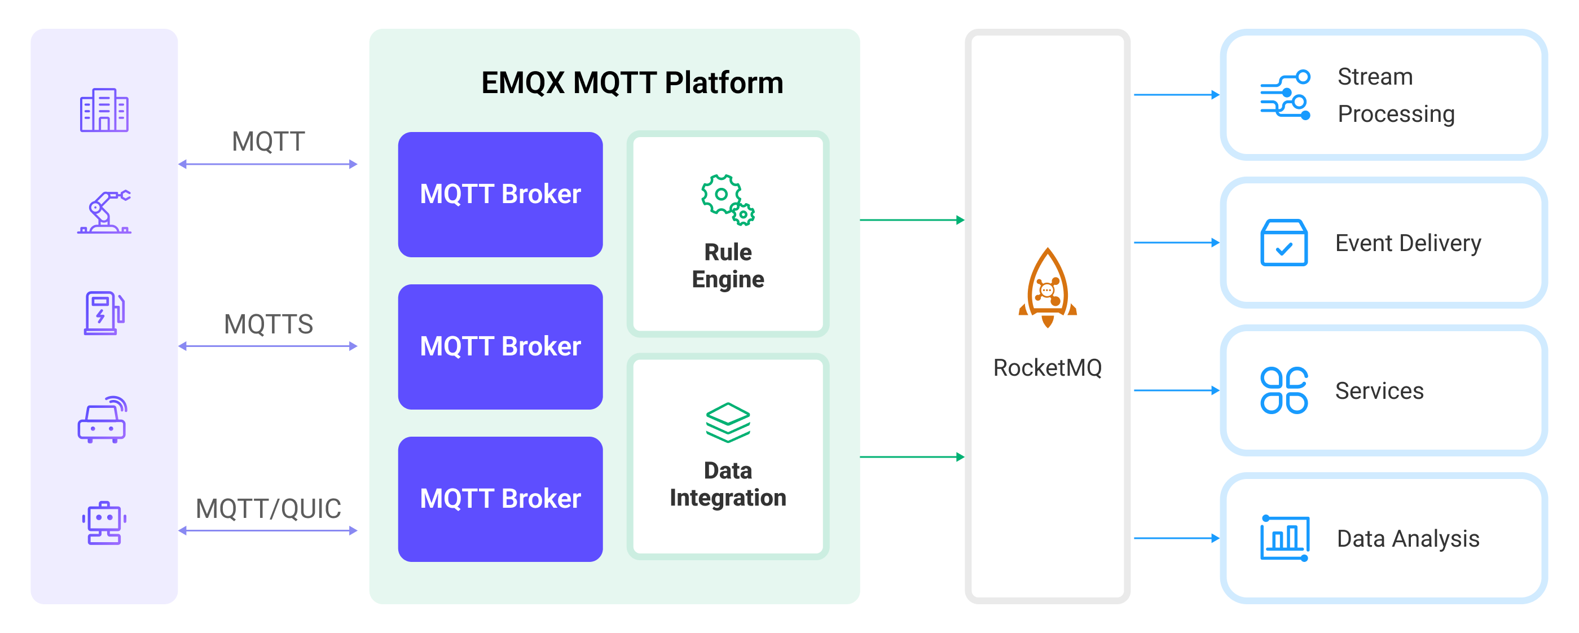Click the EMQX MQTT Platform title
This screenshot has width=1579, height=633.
[631, 83]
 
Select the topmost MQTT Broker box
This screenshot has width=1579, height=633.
[500, 194]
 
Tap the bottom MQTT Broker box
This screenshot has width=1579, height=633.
[500, 498]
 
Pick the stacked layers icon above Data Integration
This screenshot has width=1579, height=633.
[728, 422]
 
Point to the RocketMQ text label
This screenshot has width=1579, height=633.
[1047, 368]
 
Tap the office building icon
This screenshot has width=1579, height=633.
[104, 111]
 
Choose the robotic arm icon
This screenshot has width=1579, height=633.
[104, 212]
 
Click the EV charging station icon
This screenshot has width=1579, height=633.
[104, 313]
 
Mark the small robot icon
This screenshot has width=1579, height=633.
[104, 522]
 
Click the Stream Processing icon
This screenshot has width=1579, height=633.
[1285, 95]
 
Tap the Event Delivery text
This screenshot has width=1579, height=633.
[1408, 243]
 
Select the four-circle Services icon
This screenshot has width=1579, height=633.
[1283, 390]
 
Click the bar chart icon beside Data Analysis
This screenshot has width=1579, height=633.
[1285, 538]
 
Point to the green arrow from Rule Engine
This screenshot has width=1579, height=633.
[912, 220]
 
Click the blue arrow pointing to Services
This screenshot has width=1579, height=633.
[1176, 390]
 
